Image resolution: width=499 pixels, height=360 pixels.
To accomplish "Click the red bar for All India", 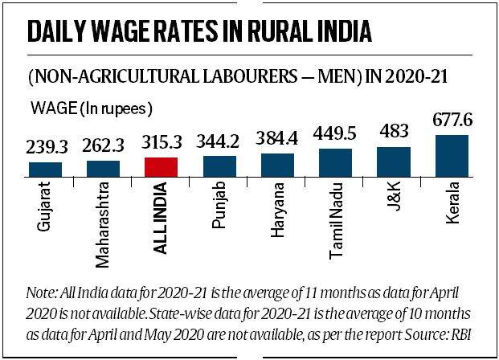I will click(161, 166).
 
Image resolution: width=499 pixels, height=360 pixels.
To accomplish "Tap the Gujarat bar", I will click(45, 169).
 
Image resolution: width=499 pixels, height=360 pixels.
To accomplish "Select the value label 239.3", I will click(45, 149).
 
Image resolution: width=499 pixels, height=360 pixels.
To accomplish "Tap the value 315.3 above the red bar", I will click(161, 144).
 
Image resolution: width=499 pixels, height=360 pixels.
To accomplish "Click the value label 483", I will click(394, 132).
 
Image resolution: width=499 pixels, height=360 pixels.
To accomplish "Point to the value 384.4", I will click(277, 140).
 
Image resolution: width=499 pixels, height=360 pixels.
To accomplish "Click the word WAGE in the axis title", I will click(51, 105).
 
